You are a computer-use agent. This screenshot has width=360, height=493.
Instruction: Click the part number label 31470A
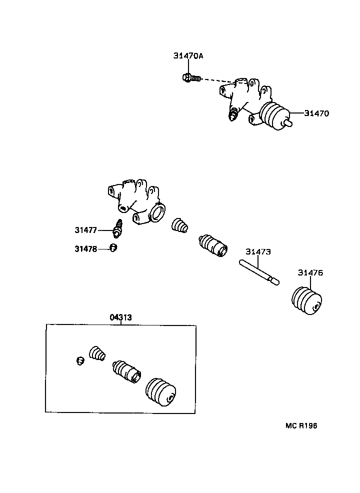click(188, 56)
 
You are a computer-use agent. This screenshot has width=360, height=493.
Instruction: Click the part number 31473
click(258, 252)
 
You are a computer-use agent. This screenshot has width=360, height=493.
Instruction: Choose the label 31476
click(310, 272)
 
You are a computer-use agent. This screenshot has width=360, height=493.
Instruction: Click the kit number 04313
click(120, 317)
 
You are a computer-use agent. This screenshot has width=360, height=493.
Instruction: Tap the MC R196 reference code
click(301, 426)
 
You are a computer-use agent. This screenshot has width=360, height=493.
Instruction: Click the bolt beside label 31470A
click(190, 77)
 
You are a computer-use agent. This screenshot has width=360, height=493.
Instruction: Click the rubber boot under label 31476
click(306, 300)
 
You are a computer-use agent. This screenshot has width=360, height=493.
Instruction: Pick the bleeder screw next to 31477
click(118, 228)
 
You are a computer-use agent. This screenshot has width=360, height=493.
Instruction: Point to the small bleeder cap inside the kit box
click(79, 360)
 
